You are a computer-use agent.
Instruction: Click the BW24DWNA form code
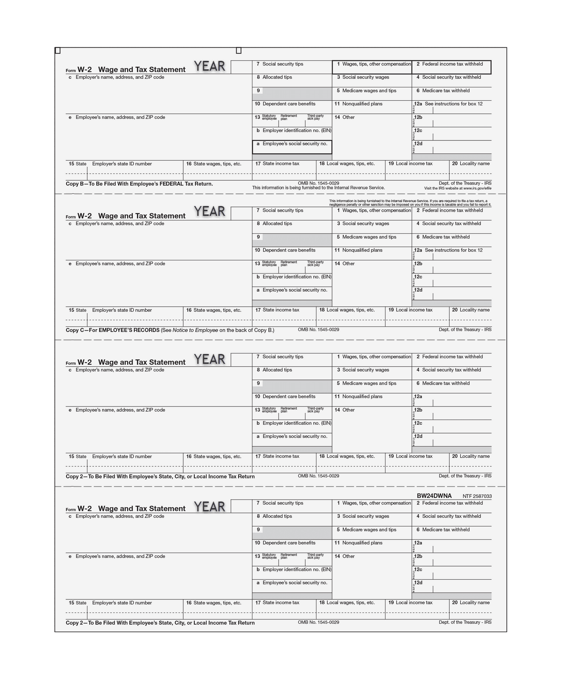pyautogui.click(x=434, y=496)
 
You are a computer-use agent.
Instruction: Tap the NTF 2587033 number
pyautogui.click(x=477, y=496)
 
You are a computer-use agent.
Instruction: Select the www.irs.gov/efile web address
pyautogui.click(x=477, y=188)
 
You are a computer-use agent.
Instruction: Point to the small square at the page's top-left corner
pyautogui.click(x=58, y=51)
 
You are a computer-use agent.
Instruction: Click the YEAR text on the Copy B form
pyautogui.click(x=209, y=66)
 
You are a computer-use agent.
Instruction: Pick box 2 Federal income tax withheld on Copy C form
pyautogui.click(x=452, y=211)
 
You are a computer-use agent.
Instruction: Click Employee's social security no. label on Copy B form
pyautogui.click(x=295, y=144)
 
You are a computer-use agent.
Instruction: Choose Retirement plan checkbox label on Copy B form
pyautogui.click(x=288, y=117)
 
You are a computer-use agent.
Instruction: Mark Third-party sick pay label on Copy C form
pyautogui.click(x=315, y=264)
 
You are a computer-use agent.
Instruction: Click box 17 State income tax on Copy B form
pyautogui.click(x=281, y=164)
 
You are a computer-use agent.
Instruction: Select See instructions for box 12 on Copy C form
pyautogui.click(x=453, y=251)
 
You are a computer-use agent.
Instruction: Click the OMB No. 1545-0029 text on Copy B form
pyautogui.click(x=318, y=183)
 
